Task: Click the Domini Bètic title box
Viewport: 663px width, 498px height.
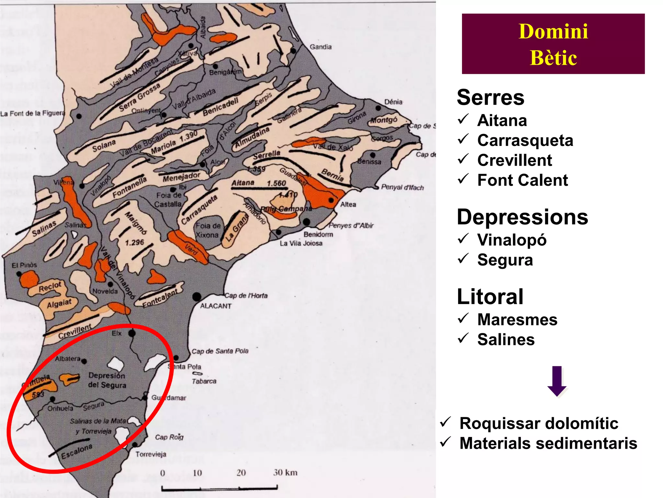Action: click(x=553, y=44)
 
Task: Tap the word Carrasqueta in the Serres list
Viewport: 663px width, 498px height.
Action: click(x=525, y=140)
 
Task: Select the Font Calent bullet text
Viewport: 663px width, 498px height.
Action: click(x=523, y=180)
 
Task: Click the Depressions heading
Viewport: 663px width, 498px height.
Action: click(x=522, y=217)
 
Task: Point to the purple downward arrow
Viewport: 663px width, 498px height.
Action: click(x=557, y=381)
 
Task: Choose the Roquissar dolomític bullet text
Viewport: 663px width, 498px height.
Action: click(x=539, y=423)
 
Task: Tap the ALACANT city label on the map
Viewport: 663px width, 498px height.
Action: click(x=216, y=306)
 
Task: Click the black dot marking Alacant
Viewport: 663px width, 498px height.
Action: click(x=197, y=296)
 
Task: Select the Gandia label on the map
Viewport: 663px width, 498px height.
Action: click(x=320, y=47)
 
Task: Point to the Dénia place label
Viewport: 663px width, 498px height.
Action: click(x=393, y=102)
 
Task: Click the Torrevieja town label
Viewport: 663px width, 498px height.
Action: click(x=151, y=454)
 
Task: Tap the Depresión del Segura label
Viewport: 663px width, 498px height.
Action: click(x=107, y=380)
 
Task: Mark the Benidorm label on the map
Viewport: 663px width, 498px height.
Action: click(x=318, y=234)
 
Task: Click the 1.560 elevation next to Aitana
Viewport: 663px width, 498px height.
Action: click(x=276, y=184)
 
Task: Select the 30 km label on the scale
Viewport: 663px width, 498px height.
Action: click(x=285, y=472)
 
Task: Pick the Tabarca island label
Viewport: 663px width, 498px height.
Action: click(x=204, y=381)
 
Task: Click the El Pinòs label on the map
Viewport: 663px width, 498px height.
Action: click(x=24, y=265)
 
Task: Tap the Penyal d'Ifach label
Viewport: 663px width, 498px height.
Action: click(x=402, y=187)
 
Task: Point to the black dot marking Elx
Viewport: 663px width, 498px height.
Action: click(x=132, y=333)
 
